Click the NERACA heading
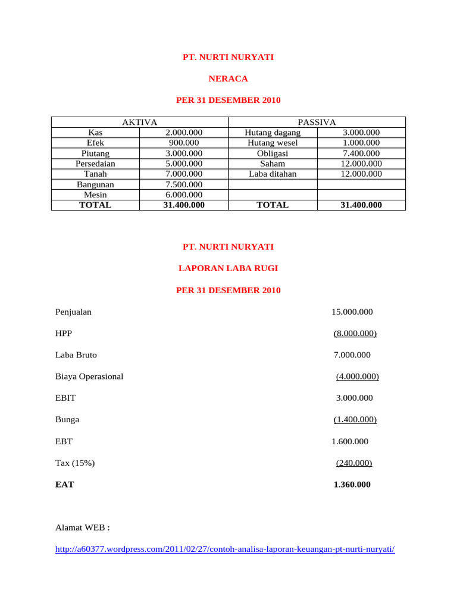click(228, 79)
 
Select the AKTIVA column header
click(139, 122)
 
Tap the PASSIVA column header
click(317, 122)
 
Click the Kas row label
click(95, 133)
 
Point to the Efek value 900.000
click(184, 143)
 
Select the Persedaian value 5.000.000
click(184, 164)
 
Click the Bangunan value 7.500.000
click(184, 184)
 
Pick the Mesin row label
click(95, 194)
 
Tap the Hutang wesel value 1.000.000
click(361, 143)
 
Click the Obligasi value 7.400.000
click(361, 153)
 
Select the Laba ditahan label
click(273, 174)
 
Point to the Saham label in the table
click(273, 164)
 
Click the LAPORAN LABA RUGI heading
click(228, 268)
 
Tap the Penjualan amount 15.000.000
click(352, 312)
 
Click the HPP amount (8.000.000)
click(355, 333)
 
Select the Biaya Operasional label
click(89, 376)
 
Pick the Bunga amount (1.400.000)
click(355, 419)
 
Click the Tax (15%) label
click(75, 463)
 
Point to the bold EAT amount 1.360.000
click(352, 485)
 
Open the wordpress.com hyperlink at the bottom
click(225, 550)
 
